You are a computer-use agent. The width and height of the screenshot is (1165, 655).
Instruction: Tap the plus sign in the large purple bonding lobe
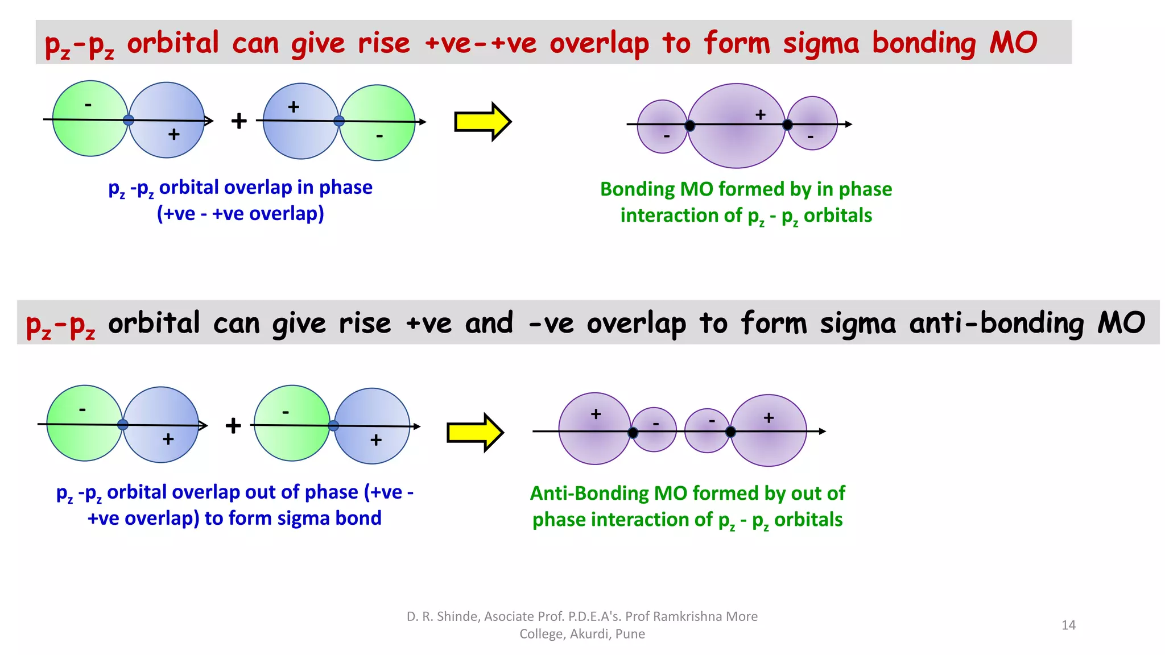pos(761,115)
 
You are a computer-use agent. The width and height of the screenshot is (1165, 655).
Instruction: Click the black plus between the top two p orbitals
pos(239,121)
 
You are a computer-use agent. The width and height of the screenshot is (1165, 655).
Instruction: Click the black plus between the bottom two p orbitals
pos(233,425)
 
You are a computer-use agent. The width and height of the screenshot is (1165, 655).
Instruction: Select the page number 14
pos(1068,625)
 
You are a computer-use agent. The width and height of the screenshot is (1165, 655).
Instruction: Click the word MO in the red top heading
pos(1013,43)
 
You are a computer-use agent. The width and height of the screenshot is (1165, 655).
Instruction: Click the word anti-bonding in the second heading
pos(996,323)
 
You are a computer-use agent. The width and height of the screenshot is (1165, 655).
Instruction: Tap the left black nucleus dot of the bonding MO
pos(690,126)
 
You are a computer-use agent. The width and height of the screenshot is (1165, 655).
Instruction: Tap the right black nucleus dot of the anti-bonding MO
pos(730,432)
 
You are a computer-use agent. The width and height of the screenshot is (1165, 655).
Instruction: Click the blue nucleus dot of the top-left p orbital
pos(129,120)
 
